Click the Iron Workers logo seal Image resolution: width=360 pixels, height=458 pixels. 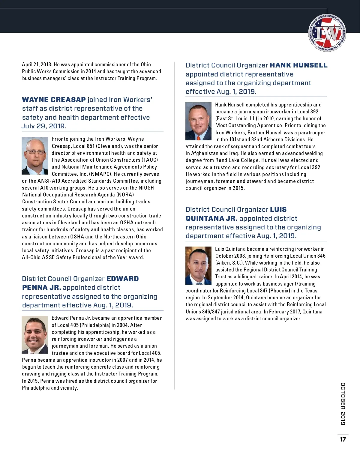pyautogui.click(x=327, y=33)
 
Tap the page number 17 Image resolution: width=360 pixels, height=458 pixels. pyautogui.click(x=343, y=439)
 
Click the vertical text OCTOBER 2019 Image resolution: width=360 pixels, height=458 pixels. pyautogui.click(x=343, y=404)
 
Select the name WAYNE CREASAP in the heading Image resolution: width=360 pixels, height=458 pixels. pyautogui.click(x=54, y=100)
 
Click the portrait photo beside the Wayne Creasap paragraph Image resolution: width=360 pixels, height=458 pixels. pyautogui.click(x=35, y=156)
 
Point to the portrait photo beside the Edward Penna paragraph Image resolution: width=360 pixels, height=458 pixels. pyautogui.click(x=35, y=334)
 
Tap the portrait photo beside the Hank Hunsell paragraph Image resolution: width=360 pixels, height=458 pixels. pyautogui.click(x=198, y=121)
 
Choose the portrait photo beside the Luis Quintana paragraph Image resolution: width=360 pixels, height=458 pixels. pyautogui.click(x=198, y=265)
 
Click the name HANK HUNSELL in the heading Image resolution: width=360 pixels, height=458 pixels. pyautogui.click(x=298, y=65)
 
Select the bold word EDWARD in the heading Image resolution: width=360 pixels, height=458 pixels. pyautogui.click(x=123, y=279)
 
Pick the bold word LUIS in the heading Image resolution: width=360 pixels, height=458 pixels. pyautogui.click(x=278, y=209)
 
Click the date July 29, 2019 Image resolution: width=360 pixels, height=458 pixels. pyautogui.click(x=44, y=126)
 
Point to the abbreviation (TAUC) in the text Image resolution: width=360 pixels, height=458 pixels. pyautogui.click(x=150, y=160)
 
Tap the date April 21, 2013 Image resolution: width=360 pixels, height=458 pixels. pyautogui.click(x=37, y=64)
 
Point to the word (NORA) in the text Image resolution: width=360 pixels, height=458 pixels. pyautogui.click(x=125, y=195)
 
